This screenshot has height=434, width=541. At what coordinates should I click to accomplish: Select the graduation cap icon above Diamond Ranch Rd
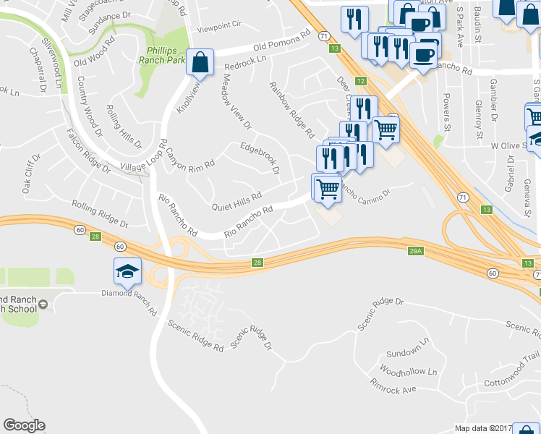(x=127, y=272)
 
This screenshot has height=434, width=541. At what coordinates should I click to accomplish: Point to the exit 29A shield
(x=414, y=250)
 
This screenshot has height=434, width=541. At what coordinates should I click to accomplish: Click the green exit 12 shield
(x=360, y=81)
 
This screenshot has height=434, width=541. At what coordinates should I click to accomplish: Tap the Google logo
(x=24, y=425)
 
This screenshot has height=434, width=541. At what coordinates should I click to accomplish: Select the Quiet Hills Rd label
(x=236, y=202)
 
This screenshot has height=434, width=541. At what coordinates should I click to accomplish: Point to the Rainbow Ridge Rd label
(x=292, y=109)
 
